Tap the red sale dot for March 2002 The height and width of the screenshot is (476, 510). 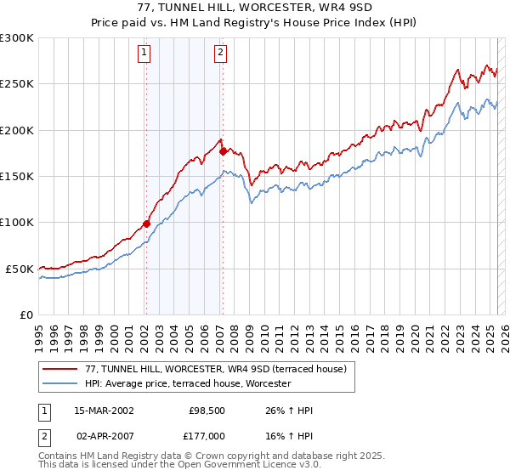[146, 224]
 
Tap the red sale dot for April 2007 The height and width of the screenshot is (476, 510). [223, 152]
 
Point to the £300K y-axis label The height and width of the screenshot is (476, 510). [16, 38]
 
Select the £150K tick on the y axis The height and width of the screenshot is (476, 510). [16, 177]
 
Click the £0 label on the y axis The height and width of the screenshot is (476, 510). [25, 314]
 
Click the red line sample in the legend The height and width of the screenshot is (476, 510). [60, 370]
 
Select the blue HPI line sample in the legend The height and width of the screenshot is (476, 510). [60, 384]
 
